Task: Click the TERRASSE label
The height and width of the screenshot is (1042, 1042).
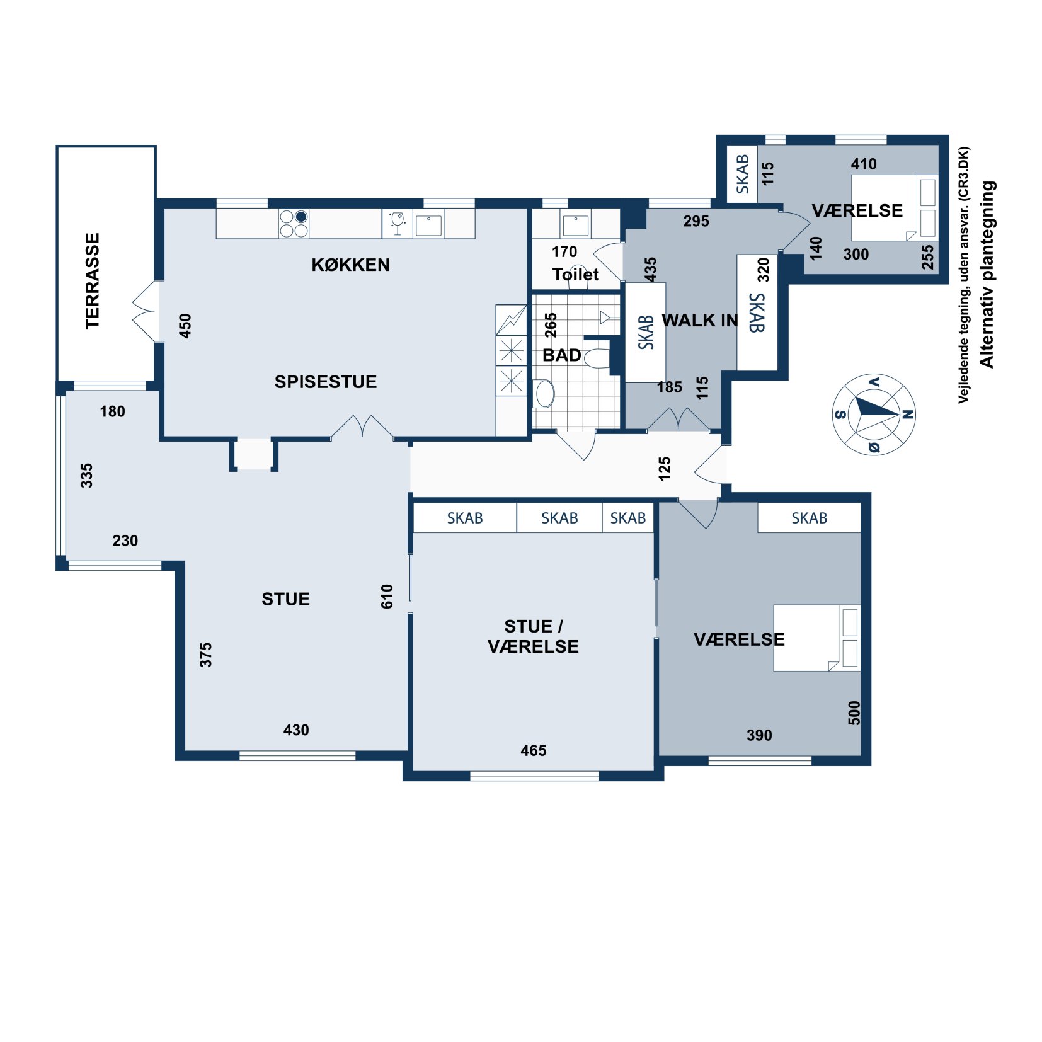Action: coord(93,281)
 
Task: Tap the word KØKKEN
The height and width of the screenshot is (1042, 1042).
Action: coord(350,265)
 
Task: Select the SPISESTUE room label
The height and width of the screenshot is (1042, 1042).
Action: coord(326,382)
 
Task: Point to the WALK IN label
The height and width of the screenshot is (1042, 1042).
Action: coord(699,320)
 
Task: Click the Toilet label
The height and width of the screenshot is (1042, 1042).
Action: coord(576,275)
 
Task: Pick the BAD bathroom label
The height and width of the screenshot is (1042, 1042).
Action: coord(561,355)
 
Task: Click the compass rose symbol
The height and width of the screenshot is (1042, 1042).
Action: coord(874,414)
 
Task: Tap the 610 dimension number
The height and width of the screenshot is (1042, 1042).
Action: coord(387,596)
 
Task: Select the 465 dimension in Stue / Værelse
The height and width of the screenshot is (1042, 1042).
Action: coord(533,750)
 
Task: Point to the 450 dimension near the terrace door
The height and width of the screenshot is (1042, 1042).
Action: coord(185,326)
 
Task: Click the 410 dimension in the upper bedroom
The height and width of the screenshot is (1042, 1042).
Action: coord(864,164)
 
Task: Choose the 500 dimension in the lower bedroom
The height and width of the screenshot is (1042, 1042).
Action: coord(854,713)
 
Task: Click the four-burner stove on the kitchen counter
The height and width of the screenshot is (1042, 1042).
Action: coord(294,224)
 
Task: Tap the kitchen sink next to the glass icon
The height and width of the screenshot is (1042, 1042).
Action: coord(428,224)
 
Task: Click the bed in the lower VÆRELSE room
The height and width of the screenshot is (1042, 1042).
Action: coord(816,638)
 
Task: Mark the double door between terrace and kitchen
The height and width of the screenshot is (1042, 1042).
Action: coord(144,311)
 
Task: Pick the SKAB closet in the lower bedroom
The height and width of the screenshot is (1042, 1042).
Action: coord(809,518)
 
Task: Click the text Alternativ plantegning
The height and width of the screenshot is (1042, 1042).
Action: coord(987,274)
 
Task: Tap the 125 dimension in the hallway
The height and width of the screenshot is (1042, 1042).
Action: coord(664,469)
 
